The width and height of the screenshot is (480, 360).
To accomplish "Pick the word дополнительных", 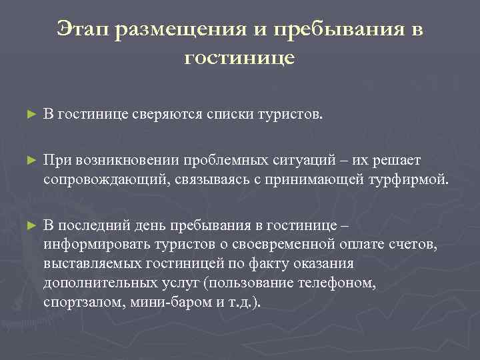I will (x=93, y=282).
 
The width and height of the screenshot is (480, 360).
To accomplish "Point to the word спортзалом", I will (x=75, y=301).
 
